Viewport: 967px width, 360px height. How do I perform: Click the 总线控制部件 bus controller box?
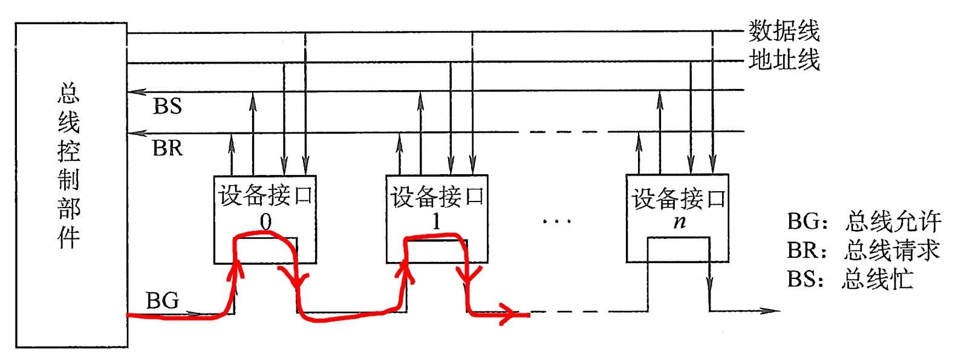tap(71, 185)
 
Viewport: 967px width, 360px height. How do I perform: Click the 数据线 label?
tap(784, 30)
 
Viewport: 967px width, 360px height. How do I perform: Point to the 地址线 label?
tap(784, 60)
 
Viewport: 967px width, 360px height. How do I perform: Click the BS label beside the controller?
tap(168, 106)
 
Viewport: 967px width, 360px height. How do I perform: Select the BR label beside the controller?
tap(168, 148)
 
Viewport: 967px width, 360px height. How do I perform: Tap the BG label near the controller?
tap(163, 301)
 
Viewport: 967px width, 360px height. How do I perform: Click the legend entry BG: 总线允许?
tap(864, 221)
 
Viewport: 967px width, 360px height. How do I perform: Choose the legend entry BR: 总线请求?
tap(863, 250)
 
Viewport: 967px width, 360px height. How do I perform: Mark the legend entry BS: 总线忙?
tap(850, 279)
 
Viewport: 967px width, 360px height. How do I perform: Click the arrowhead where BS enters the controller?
tap(137, 92)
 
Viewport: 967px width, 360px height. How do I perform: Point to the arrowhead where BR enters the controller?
tap(137, 133)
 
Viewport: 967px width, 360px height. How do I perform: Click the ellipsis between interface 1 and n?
tap(556, 222)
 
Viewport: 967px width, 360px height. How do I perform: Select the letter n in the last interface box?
tap(680, 221)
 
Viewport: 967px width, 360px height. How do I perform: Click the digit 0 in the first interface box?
tap(265, 222)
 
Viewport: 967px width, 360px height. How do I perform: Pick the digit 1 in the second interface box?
tap(437, 222)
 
